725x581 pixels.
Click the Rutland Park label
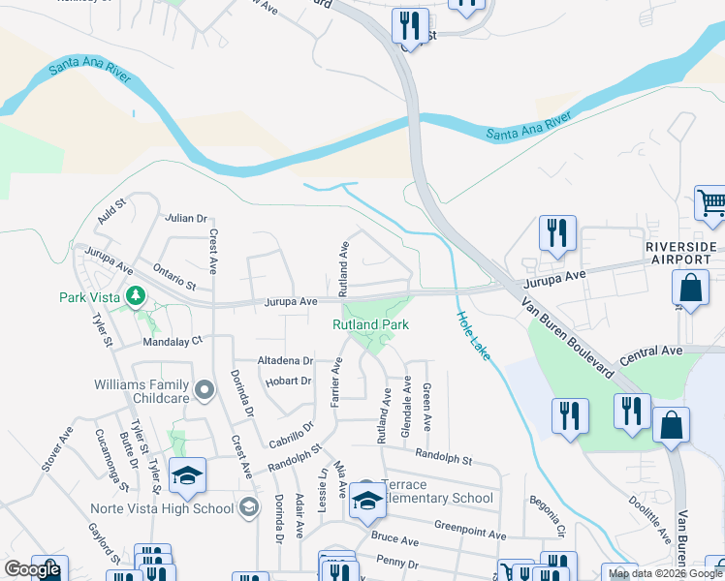coord(371,324)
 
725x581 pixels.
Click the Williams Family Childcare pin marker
coord(204,391)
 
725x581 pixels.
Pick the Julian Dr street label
coord(186,219)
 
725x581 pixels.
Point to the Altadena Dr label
coord(285,360)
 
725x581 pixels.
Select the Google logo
coord(32,569)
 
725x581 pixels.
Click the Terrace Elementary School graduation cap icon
coord(367,500)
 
